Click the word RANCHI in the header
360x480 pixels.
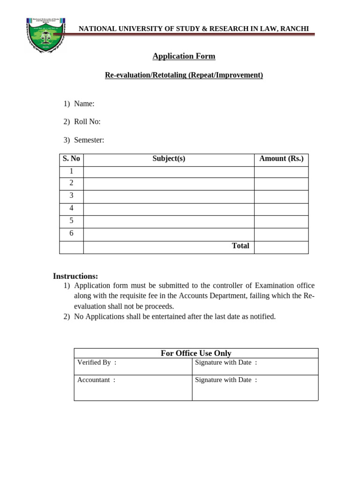294,29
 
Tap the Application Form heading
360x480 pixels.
184,56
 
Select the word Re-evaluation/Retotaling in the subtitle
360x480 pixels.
146,75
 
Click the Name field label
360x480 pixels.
84,104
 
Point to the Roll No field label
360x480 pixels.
87,122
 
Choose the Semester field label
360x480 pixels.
89,140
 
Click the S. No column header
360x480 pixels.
71,158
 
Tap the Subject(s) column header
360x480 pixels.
169,158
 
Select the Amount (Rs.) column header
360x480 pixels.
281,158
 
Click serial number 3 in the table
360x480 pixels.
71,195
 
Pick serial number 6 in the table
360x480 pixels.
71,233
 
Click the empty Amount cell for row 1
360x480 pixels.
281,172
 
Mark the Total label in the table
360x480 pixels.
240,246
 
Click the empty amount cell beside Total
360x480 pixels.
281,247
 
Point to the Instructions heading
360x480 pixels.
75,276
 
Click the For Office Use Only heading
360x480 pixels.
196,353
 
